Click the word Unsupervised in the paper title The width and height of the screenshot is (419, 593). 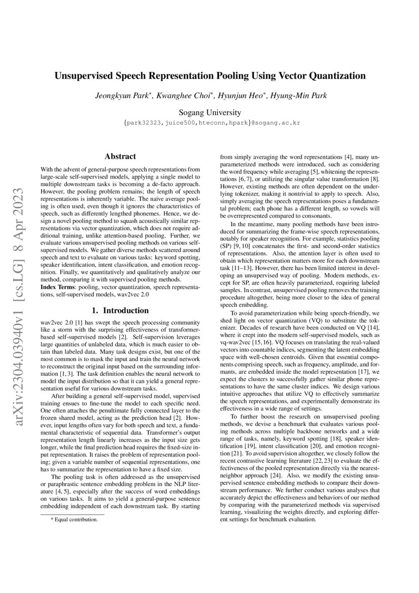coord(83,76)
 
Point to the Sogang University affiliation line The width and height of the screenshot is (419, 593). coord(210,113)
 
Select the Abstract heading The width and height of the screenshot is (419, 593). coord(120,157)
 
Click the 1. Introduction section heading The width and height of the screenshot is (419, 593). coord(120,310)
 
